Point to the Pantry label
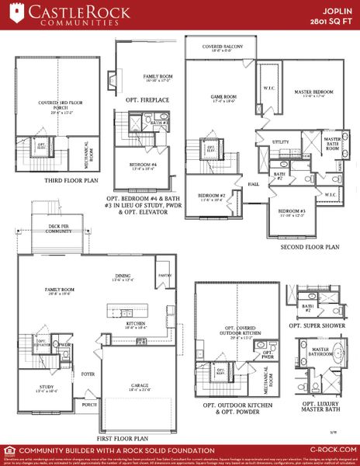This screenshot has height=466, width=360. click(x=164, y=276)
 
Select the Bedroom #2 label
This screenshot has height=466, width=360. click(x=211, y=196)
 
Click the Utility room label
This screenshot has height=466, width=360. click(x=281, y=143)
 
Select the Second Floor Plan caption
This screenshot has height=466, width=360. click(x=310, y=247)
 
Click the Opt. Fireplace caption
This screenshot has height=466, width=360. click(x=144, y=101)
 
